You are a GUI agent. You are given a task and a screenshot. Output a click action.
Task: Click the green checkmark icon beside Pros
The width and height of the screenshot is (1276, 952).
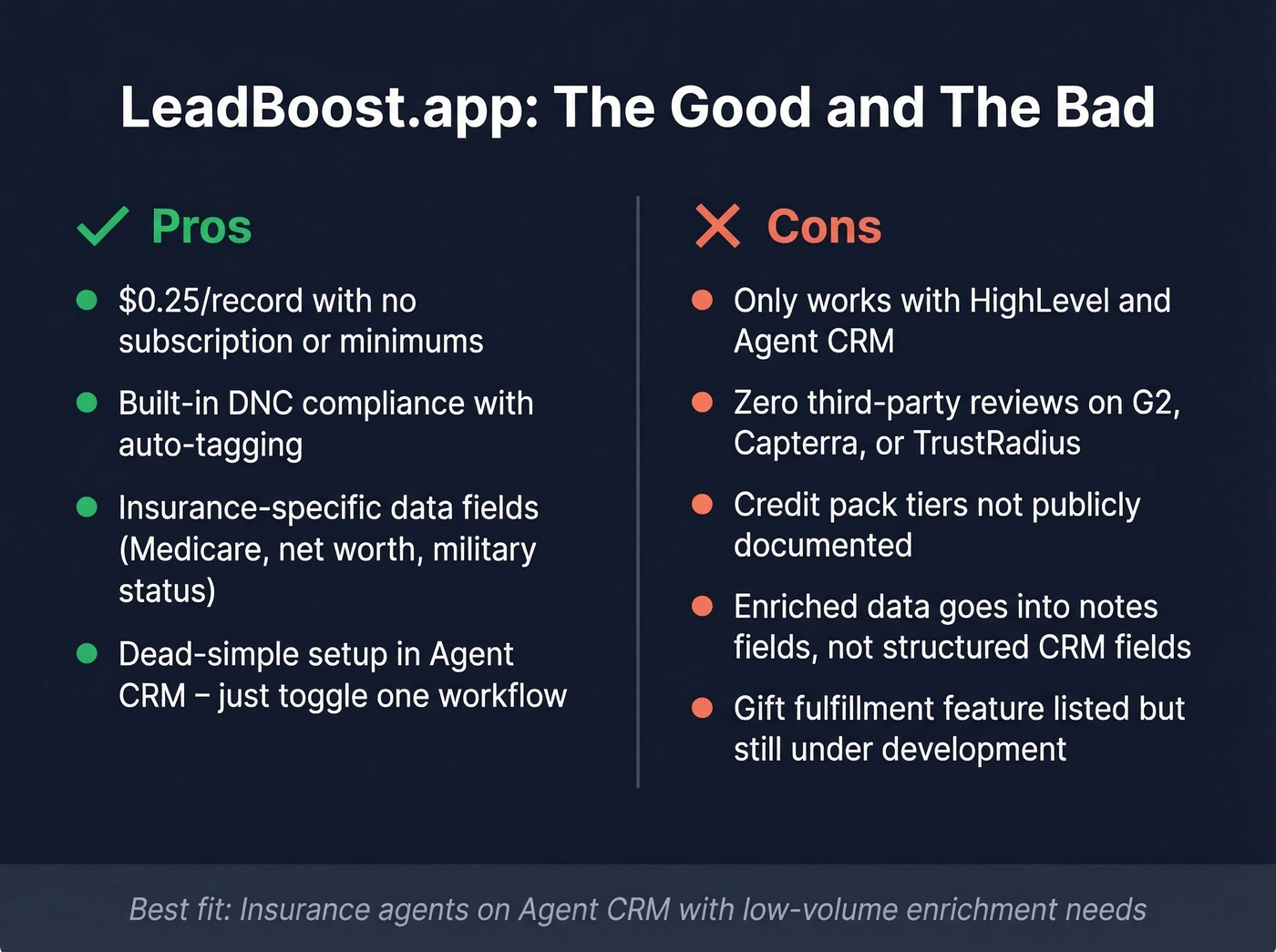[102, 226]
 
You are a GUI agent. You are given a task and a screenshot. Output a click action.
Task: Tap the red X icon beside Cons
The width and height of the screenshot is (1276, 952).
[717, 226]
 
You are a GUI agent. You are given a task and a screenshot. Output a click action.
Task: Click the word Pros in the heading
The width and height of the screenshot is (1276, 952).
[201, 226]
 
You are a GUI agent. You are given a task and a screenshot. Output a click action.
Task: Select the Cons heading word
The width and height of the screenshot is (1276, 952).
[824, 226]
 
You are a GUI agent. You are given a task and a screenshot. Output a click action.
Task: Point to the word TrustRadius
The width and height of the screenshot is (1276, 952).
[996, 444]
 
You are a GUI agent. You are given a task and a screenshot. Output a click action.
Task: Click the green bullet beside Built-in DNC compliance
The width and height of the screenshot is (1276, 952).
[87, 403]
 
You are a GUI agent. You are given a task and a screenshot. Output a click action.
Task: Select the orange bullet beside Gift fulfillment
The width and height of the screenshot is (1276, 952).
[702, 708]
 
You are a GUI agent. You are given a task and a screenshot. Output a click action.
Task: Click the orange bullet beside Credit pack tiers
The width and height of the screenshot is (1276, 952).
[702, 505]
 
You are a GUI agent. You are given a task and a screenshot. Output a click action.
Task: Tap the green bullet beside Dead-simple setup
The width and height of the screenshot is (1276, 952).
[87, 653]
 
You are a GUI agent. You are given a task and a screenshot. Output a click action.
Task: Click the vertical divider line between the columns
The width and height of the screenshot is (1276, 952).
[638, 492]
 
